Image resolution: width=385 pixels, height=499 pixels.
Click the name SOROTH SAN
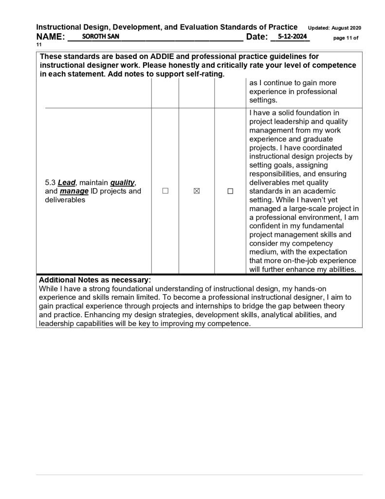point(100,37)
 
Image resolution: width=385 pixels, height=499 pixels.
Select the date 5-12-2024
point(291,37)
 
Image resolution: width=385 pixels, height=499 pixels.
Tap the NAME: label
point(51,37)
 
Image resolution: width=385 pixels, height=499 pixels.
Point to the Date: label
point(257,37)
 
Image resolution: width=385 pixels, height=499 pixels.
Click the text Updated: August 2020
point(334,28)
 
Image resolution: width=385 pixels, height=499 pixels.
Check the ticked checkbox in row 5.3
point(197,192)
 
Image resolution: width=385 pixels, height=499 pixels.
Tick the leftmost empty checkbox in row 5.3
point(165,192)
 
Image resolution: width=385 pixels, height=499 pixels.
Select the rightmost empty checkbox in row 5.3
point(230,192)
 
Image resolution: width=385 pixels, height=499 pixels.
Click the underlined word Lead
point(67,183)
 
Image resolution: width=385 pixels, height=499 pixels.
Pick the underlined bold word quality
point(122,183)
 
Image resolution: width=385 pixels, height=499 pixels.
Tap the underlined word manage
point(74,191)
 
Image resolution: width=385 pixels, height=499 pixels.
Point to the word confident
point(266,226)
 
